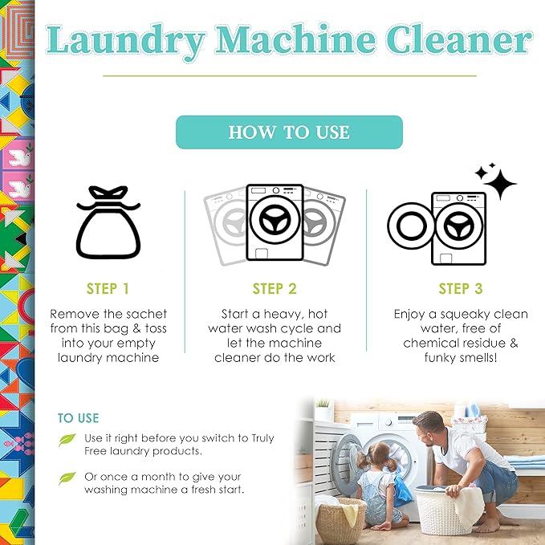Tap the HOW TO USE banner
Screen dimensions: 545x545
click(x=289, y=132)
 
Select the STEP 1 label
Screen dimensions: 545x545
click(x=108, y=289)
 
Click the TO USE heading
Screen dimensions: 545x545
click(x=79, y=418)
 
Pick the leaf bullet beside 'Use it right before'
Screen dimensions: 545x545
click(x=67, y=440)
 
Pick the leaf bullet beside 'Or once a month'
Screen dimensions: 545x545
click(x=67, y=478)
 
